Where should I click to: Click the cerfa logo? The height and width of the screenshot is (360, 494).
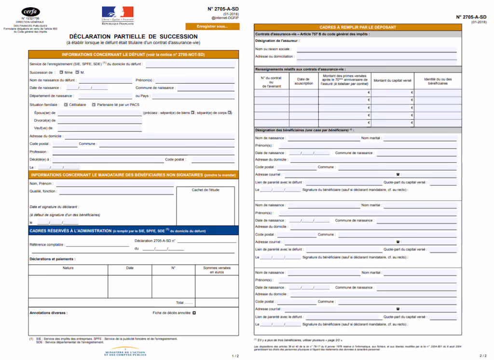pyautogui.click(x=30, y=12)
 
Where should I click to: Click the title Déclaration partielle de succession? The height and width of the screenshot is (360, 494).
pyautogui.click(x=133, y=37)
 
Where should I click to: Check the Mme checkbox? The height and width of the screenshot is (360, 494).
pyautogui.click(x=61, y=72)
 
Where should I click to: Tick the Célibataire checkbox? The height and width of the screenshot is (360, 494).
pyautogui.click(x=66, y=104)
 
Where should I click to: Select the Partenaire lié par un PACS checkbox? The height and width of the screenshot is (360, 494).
pyautogui.click(x=94, y=104)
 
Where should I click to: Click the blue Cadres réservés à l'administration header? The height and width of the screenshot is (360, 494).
pyautogui.click(x=133, y=231)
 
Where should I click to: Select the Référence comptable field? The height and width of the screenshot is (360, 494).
pyautogui.click(x=92, y=244)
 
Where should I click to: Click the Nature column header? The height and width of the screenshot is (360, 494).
pyautogui.click(x=68, y=267)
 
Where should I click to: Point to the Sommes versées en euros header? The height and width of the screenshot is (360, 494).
pyautogui.click(x=217, y=270)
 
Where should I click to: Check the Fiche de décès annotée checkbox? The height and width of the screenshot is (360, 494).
pyautogui.click(x=194, y=313)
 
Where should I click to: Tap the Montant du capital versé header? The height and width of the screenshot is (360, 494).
pyautogui.click(x=392, y=81)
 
